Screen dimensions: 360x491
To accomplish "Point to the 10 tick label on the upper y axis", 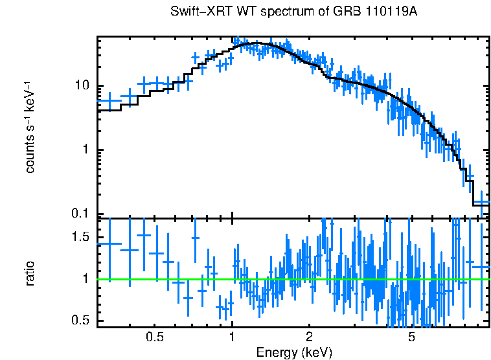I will (x=82, y=86).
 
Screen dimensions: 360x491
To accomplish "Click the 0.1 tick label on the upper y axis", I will (x=80, y=214).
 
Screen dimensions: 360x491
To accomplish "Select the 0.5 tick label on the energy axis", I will (x=154, y=337).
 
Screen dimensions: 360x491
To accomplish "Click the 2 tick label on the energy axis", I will (x=309, y=337).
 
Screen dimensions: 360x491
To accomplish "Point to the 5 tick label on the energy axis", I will (x=411, y=337).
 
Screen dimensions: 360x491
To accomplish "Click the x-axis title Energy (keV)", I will (x=294, y=352).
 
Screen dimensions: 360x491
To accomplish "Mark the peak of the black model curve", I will (x=258, y=43).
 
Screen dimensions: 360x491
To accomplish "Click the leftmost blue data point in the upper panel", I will (x=109, y=101).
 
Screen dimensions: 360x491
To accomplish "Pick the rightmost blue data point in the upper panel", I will (x=481, y=201).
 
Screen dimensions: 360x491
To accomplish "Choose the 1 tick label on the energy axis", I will (x=232, y=337).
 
